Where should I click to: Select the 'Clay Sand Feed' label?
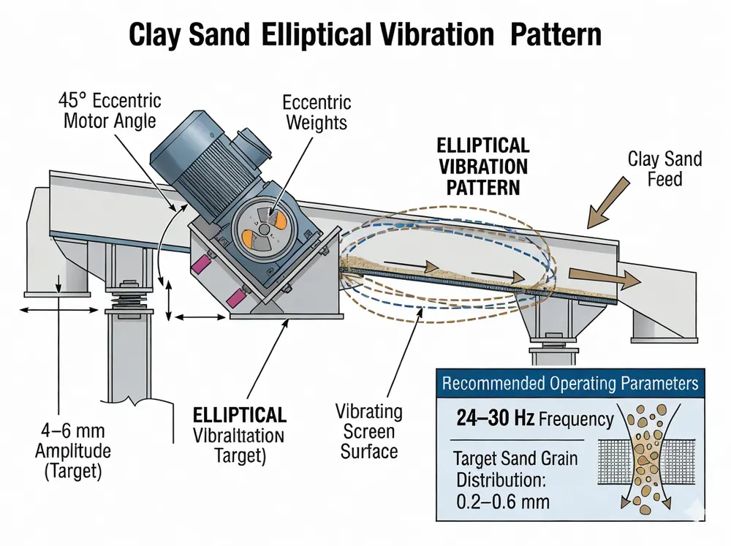[x=664, y=168]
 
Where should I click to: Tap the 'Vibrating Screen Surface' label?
[x=369, y=431]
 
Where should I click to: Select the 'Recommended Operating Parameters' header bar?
[x=570, y=383]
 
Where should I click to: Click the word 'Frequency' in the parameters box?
[x=575, y=420]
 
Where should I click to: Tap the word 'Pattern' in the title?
[x=558, y=35]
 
